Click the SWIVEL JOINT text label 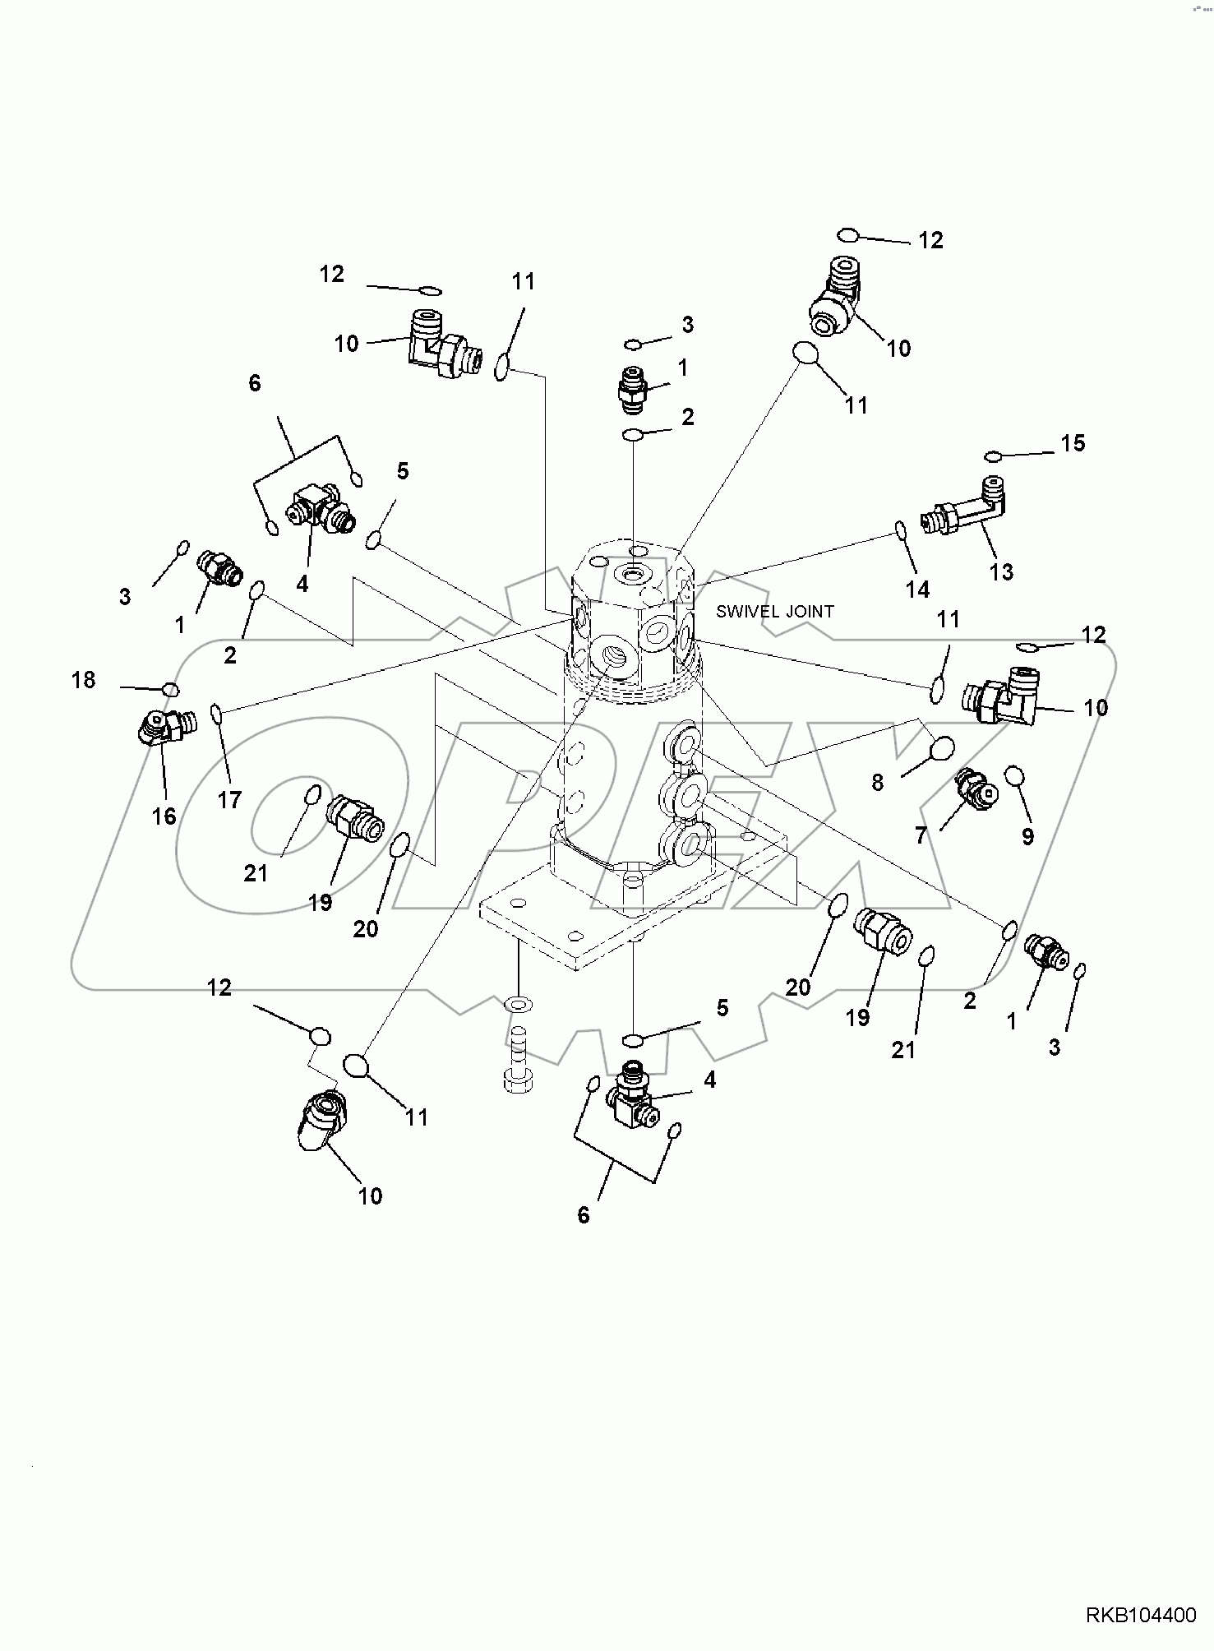click(x=774, y=612)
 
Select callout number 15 click(x=1073, y=443)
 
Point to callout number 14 click(x=917, y=589)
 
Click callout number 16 click(x=164, y=816)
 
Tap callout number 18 click(x=84, y=680)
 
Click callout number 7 click(x=921, y=836)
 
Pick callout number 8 click(x=878, y=783)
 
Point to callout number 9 click(x=1027, y=836)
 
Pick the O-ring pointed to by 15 click(x=994, y=456)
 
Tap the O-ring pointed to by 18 click(x=171, y=689)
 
